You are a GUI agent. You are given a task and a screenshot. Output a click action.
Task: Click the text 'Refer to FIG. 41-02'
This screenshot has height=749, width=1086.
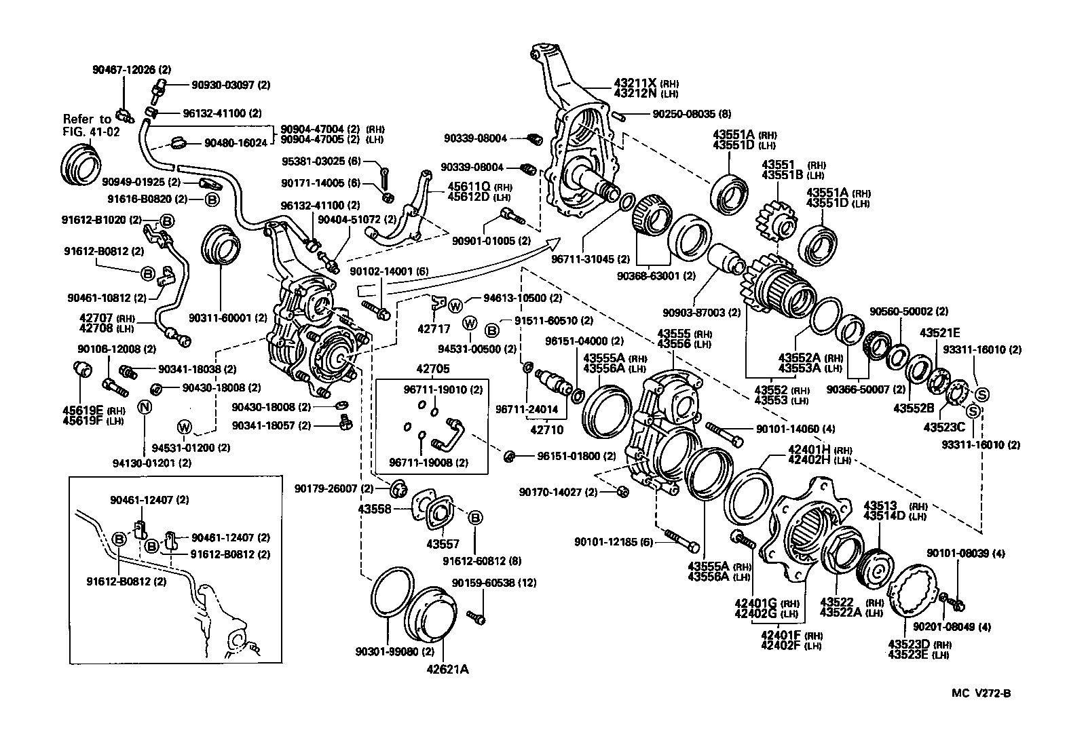click(91, 126)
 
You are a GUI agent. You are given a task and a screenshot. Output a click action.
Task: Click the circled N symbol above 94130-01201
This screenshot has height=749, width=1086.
click(144, 407)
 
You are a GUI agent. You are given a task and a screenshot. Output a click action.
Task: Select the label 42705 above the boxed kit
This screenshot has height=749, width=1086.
click(432, 369)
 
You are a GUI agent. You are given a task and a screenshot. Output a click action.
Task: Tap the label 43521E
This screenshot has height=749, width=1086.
click(940, 332)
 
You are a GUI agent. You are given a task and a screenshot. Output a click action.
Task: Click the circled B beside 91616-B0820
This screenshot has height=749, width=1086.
click(211, 199)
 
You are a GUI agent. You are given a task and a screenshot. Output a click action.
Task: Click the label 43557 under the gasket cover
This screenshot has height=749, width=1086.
click(443, 543)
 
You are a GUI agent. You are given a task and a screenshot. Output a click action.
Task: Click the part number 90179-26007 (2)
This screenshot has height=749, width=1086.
click(333, 488)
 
